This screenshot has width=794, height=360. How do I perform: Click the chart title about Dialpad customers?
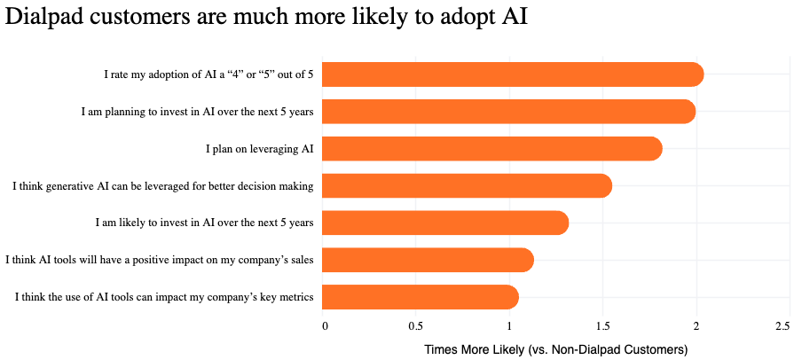pyautogui.click(x=266, y=18)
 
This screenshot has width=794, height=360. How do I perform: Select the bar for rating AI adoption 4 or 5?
pyautogui.click(x=513, y=75)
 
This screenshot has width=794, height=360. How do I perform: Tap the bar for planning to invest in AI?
pyautogui.click(x=508, y=112)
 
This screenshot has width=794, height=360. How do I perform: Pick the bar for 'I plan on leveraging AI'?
pyautogui.click(x=492, y=149)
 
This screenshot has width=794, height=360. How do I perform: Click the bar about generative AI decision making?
pyautogui.click(x=467, y=185)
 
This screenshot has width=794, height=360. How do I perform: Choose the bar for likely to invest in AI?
pyautogui.click(x=445, y=223)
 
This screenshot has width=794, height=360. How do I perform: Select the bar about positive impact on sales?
pyautogui.click(x=428, y=260)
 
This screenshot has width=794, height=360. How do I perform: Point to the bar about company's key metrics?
pyautogui.click(x=421, y=297)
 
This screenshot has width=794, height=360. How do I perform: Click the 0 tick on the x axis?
pyautogui.click(x=325, y=326)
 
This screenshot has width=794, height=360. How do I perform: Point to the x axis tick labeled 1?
pyautogui.click(x=510, y=326)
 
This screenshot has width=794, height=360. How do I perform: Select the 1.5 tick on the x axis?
pyautogui.click(x=603, y=326)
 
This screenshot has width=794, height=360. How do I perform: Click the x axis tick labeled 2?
pyautogui.click(x=696, y=326)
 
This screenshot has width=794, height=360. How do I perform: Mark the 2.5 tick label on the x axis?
pyautogui.click(x=782, y=326)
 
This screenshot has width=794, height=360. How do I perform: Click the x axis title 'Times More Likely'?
pyautogui.click(x=556, y=349)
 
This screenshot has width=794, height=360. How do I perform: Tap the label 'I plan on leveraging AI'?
pyautogui.click(x=259, y=149)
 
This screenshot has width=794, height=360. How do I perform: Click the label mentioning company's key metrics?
pyautogui.click(x=164, y=297)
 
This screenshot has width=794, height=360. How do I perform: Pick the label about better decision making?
pyautogui.click(x=162, y=186)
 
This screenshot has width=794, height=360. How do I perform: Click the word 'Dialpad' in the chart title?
pyautogui.click(x=44, y=18)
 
